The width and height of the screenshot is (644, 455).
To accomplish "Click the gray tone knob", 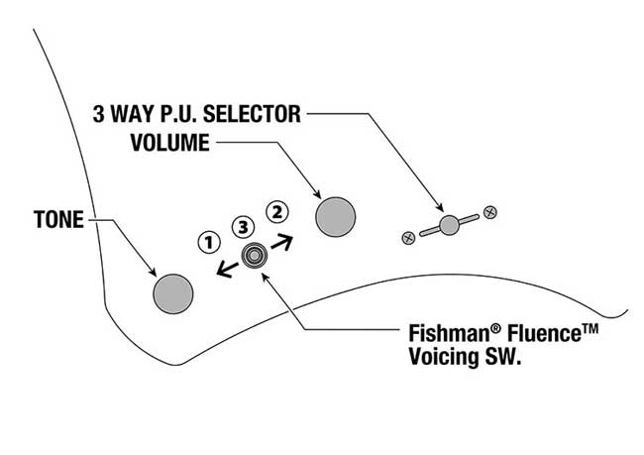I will coord(173,290).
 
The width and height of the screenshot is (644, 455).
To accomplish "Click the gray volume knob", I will coord(335,216).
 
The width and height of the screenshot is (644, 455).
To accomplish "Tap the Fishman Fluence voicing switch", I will coord(255,255).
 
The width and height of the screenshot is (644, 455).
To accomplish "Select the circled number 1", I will coord(208,241).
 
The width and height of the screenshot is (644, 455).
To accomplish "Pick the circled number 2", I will coord(277,210).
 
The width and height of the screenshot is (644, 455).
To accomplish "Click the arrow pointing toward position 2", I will coord(282,239).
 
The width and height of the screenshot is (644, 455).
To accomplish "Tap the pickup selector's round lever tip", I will coord(449,224).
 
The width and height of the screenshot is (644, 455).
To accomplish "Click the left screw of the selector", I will coord(407,237).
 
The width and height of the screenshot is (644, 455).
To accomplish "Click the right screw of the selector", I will coord(489,211).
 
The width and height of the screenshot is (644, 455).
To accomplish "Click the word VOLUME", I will coord(169,143).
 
